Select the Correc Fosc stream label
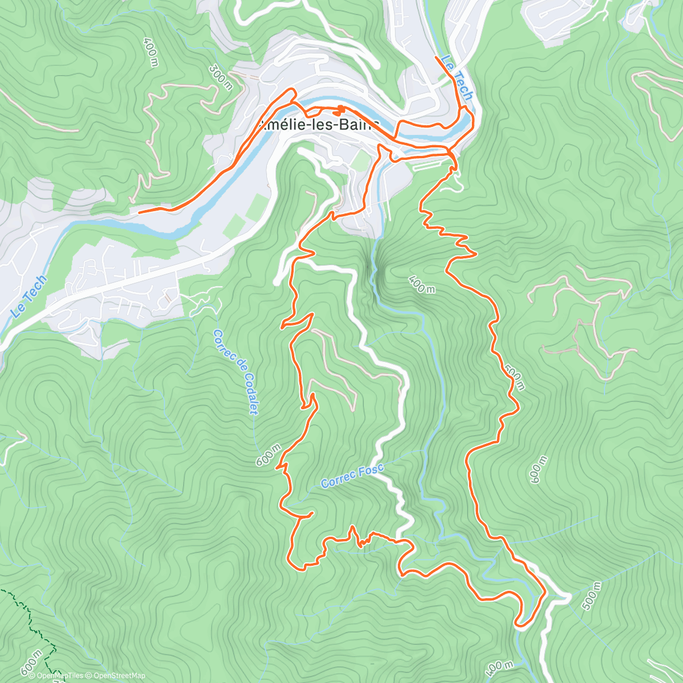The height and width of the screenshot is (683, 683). coord(352,477)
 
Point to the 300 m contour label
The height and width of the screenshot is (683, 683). coord(220,77)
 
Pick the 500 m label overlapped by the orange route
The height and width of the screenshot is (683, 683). coord(514,378)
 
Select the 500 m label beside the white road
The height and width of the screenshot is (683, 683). coord(592,596)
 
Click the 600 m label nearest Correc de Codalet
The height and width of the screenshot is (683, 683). coord(268,455)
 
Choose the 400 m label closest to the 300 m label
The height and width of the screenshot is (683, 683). coord(151,52)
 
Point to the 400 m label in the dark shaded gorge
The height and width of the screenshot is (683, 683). coord(421,284)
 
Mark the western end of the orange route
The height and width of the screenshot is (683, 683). coord(140,212)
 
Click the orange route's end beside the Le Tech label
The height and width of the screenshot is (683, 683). coord(437,57)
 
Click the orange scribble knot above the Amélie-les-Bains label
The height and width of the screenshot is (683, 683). coord(340,109)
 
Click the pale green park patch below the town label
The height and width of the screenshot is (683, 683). coord(360,161)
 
